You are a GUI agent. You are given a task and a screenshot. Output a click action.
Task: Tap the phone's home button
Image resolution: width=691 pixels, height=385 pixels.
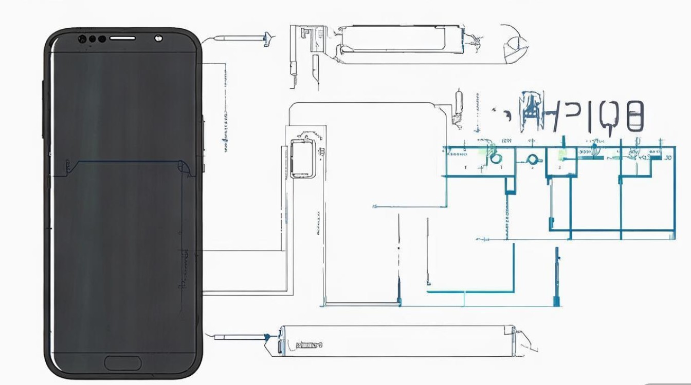[x=123, y=362]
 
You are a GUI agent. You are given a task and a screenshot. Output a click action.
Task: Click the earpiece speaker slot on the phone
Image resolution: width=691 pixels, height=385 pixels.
[x=122, y=38]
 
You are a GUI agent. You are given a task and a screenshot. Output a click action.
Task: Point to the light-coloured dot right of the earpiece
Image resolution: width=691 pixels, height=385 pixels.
[x=158, y=37]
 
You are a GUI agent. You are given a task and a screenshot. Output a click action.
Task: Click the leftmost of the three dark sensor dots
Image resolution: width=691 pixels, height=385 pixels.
[x=82, y=38]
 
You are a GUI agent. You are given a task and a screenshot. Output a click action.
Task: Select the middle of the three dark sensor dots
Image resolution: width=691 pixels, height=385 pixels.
[x=93, y=38]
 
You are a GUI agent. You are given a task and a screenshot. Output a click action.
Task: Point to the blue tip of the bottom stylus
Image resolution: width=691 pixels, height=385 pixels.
[x=267, y=337]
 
